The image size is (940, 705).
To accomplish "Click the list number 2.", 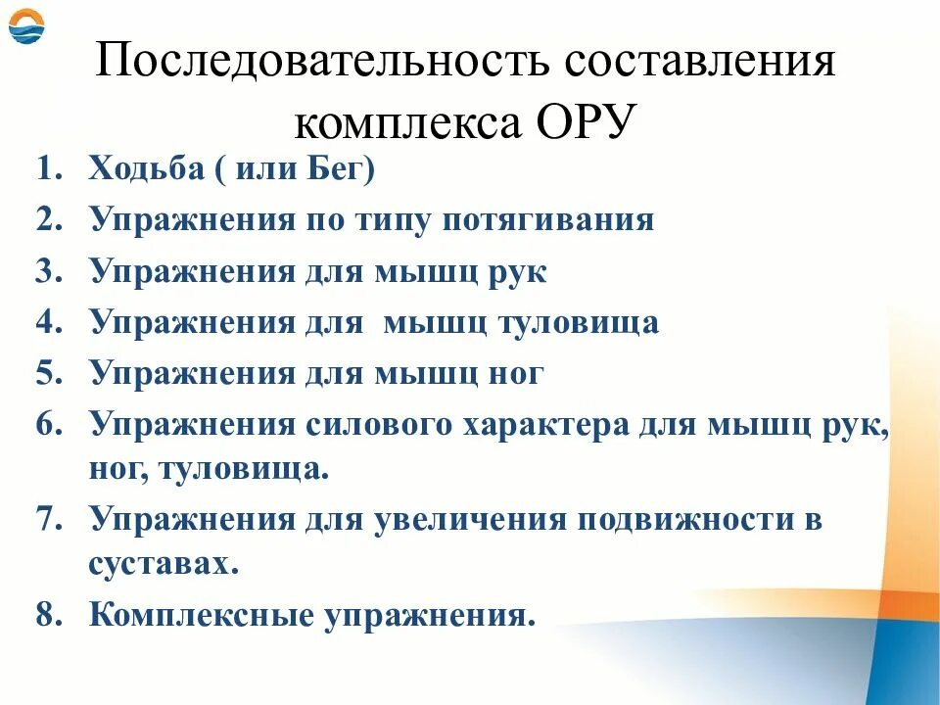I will [x=49, y=220].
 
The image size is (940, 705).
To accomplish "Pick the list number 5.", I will [x=49, y=373].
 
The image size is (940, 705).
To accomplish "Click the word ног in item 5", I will [x=513, y=373].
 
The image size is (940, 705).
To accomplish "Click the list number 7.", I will [x=49, y=519].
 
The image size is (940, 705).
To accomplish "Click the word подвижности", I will [x=686, y=519].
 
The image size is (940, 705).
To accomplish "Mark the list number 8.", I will [x=49, y=616].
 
